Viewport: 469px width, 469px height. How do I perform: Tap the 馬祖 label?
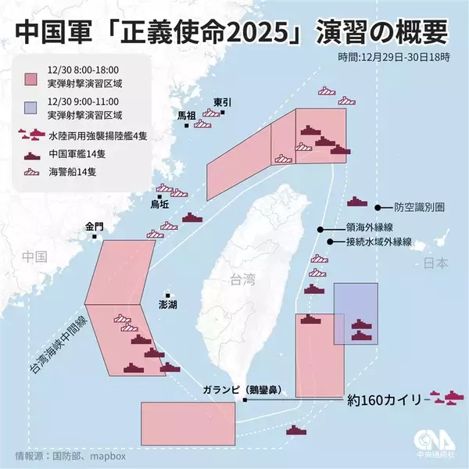point(187,115)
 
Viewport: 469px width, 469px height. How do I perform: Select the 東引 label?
point(223,102)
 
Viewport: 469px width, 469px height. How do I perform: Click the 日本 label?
point(435,263)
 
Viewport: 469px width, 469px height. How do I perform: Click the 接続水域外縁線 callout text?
point(379,242)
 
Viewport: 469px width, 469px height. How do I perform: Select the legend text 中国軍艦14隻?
point(77,153)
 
